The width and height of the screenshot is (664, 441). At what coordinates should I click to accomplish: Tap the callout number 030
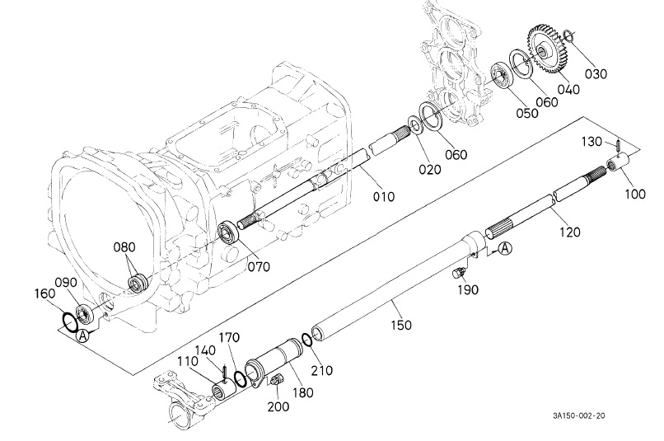tap(596, 73)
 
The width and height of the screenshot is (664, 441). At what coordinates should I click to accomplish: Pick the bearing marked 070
tap(231, 232)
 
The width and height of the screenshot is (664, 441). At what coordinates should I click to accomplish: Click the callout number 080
tap(125, 247)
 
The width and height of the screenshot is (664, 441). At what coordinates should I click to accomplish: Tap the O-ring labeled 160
tap(71, 319)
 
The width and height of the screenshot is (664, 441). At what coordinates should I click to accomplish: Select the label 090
tap(66, 282)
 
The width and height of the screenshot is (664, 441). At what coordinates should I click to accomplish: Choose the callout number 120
tap(568, 232)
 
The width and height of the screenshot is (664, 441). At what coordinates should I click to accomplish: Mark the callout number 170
tap(227, 337)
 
